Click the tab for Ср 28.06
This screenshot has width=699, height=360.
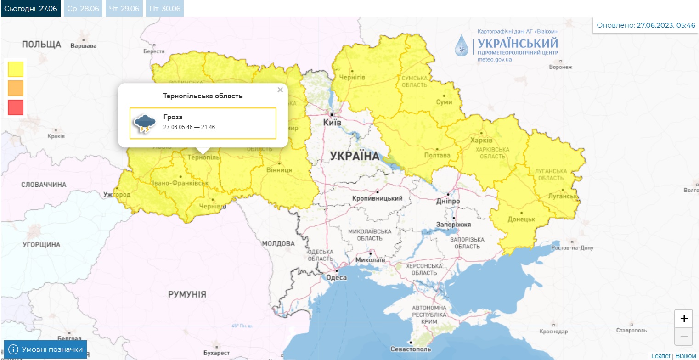point(83,8)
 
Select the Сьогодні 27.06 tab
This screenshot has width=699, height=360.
point(30,8)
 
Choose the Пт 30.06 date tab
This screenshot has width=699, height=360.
point(165,8)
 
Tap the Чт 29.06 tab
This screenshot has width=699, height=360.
point(124,8)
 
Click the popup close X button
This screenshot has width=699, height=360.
point(280,90)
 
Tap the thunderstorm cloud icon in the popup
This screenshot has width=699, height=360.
point(144,123)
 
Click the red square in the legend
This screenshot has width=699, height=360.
point(16,107)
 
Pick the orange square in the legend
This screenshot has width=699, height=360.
point(16,88)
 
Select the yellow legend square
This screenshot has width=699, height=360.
point(16,69)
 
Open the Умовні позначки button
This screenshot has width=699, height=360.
point(45,349)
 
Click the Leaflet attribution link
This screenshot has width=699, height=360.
point(660,356)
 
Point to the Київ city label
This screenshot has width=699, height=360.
point(332,123)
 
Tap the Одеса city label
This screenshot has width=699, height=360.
point(336,277)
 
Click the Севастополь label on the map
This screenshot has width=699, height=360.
point(410,349)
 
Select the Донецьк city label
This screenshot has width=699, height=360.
point(521,219)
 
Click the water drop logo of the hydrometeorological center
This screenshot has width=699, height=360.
point(462,45)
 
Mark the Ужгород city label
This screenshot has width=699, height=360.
point(117,195)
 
